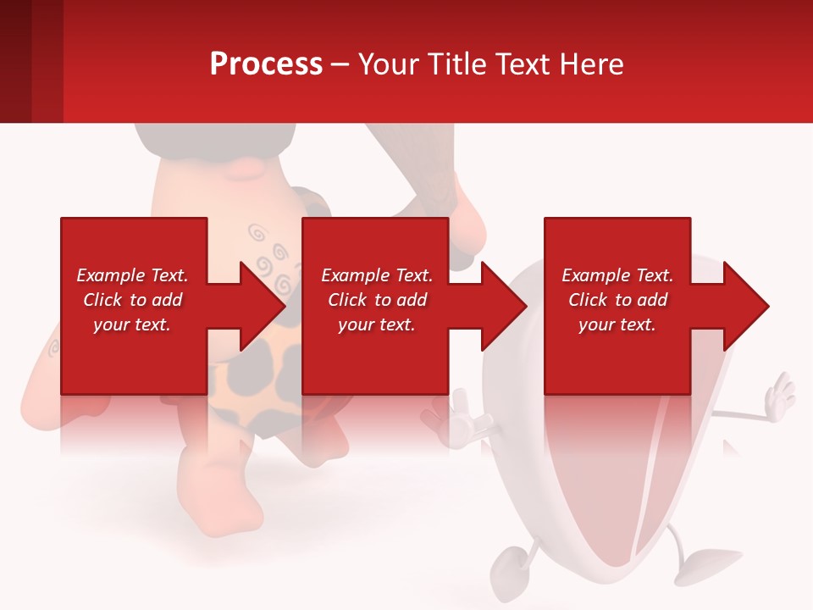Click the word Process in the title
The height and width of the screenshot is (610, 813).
(266, 64)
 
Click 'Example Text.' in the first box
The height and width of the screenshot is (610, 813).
(132, 275)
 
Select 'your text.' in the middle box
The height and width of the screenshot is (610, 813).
(376, 324)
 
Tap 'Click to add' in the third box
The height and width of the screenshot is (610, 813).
(617, 300)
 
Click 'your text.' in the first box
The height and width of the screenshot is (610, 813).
(132, 324)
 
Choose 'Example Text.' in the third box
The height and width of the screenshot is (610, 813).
(617, 275)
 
